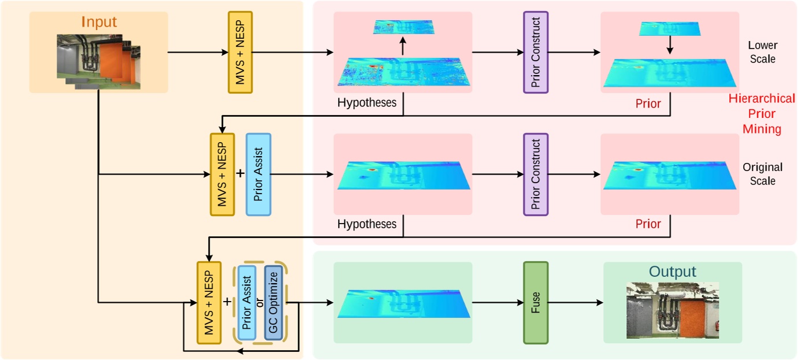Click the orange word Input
pos(99,23)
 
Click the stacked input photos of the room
pos(99,61)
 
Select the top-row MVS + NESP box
pos(240,52)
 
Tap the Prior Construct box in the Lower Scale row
pos(536,52)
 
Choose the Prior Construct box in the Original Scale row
pos(536,175)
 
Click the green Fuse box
pos(535,302)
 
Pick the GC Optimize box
pos(273,303)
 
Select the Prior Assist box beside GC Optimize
pos(247,303)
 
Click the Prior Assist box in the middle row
pos(258,175)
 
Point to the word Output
pos(672,272)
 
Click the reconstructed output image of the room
pos(673,310)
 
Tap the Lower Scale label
pos(762,52)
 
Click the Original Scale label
pos(762,174)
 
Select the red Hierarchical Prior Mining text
pos(762,114)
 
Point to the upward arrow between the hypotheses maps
pos(403,46)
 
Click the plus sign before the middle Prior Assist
pos(240,173)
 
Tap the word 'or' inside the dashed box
pos(260,303)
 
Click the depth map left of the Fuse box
pos(403,303)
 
